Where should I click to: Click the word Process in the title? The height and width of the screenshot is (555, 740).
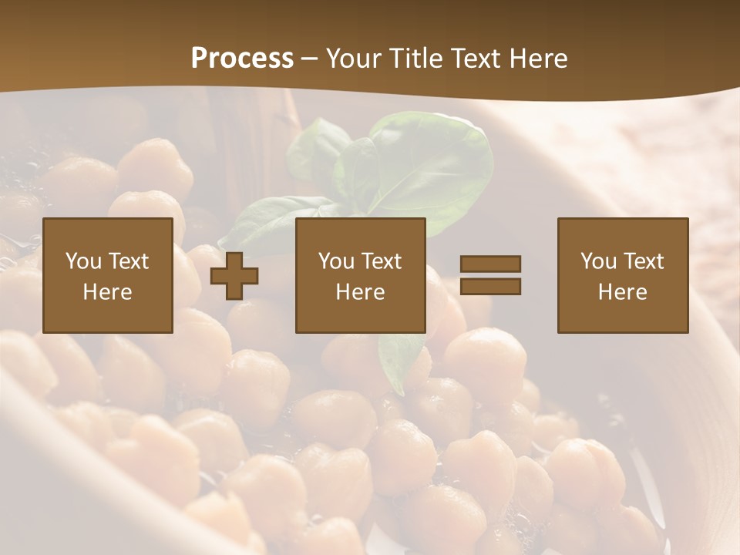coord(242,59)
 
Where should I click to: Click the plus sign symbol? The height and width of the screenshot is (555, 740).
coord(234,276)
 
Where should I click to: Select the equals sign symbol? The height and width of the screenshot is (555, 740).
coord(490,275)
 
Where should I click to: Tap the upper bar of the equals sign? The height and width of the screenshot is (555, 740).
coord(490,264)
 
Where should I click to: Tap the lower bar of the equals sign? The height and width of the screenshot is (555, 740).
coord(490,286)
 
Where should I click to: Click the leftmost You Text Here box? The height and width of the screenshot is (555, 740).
coord(108,275)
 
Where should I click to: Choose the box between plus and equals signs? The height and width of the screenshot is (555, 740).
coord(361,275)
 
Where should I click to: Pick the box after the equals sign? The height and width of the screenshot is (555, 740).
coord(623,275)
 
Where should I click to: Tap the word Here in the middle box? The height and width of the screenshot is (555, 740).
coord(361,292)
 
